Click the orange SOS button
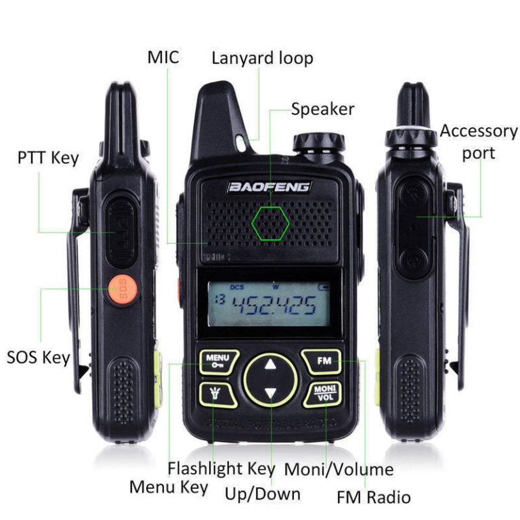(123, 288)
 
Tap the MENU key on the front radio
(218, 362)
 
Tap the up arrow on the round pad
(271, 365)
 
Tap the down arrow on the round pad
(271, 393)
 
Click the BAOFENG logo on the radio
(269, 186)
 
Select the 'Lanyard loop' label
(262, 58)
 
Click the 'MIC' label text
(163, 57)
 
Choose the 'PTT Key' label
(48, 158)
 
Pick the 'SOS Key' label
(39, 357)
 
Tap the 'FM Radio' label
(374, 498)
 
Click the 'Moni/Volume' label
(339, 469)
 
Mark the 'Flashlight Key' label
(221, 468)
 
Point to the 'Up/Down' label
(263, 494)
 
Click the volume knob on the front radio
(318, 143)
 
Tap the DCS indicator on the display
(236, 287)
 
